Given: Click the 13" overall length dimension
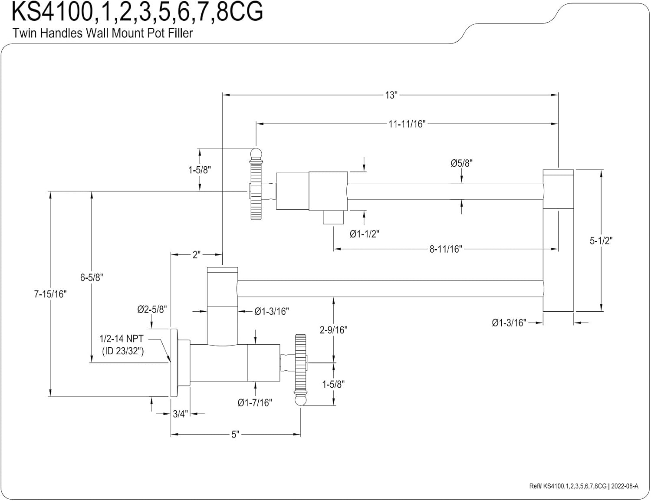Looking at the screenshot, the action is tap(391, 95).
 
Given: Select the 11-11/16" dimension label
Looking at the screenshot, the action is tap(407, 124).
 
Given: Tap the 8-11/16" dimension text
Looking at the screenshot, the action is tap(446, 249).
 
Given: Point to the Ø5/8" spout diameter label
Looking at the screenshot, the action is tap(461, 163).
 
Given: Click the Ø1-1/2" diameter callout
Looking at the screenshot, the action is tap(364, 234).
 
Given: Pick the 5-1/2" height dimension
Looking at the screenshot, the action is tap(601, 241).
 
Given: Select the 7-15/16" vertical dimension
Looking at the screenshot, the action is tap(50, 294).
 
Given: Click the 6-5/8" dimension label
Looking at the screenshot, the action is tap(92, 277).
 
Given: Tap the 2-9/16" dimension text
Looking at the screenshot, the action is tap(333, 330).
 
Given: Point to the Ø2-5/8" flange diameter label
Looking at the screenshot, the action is tap(152, 309).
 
